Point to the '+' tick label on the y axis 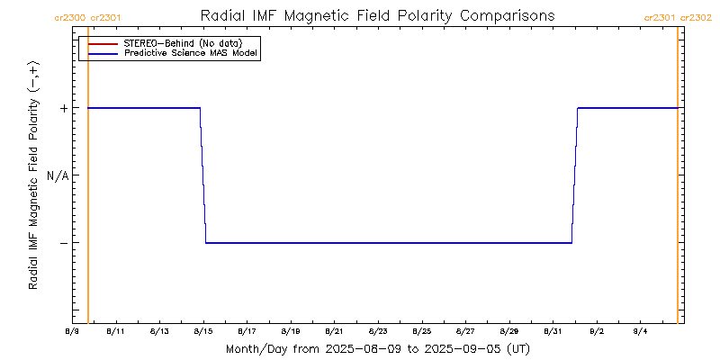click(x=63, y=108)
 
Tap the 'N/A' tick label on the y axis click(x=58, y=175)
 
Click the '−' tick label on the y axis click(x=63, y=243)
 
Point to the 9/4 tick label click(x=640, y=331)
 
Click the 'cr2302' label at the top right click(x=696, y=17)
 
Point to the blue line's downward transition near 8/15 click(x=203, y=175)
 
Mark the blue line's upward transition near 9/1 click(x=574, y=175)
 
